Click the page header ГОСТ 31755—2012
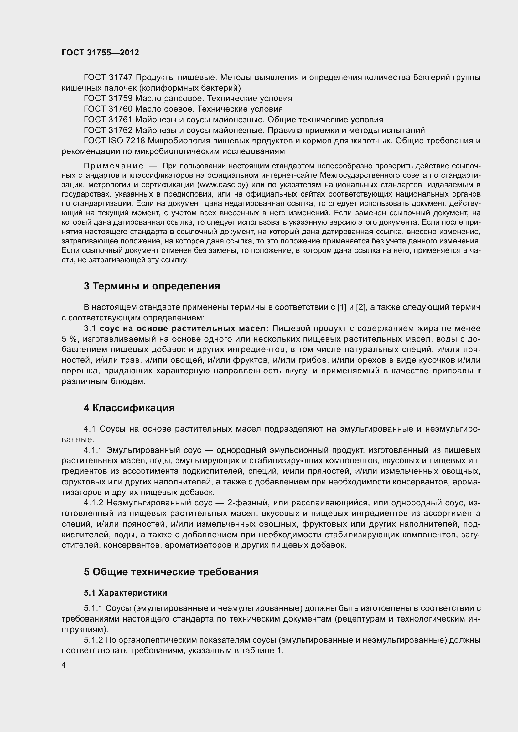click(x=100, y=53)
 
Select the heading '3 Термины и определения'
click(x=152, y=286)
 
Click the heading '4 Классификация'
click(x=129, y=408)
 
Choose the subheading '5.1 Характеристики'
click(x=125, y=593)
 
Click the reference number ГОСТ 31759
click(x=108, y=99)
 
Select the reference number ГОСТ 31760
click(x=108, y=109)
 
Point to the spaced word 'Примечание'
click(x=113, y=166)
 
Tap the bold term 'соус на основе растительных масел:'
click(x=184, y=328)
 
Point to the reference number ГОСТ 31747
click(x=108, y=78)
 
